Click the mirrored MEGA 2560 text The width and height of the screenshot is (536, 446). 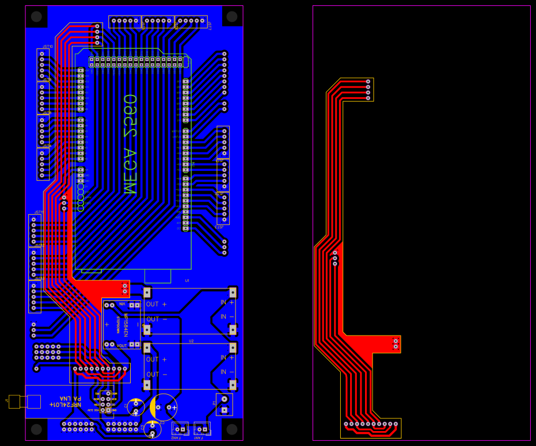pyautogui.click(x=130, y=144)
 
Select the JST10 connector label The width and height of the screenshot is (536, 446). pyautogui.click(x=48, y=47)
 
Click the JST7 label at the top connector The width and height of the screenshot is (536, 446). pyautogui.click(x=210, y=26)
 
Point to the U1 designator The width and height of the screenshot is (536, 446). pyautogui.click(x=187, y=281)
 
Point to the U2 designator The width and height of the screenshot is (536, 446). pyautogui.click(x=191, y=341)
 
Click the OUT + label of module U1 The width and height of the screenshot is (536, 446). pyautogui.click(x=156, y=304)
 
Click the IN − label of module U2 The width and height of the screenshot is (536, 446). pyautogui.click(x=227, y=372)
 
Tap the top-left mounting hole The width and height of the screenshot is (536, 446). pyautogui.click(x=36, y=17)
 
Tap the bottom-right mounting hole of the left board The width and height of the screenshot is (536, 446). pyautogui.click(x=232, y=429)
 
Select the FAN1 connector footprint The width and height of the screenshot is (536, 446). pyautogui.click(x=202, y=428)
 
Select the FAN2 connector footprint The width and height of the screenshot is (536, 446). pyautogui.click(x=180, y=428)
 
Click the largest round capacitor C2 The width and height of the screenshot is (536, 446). pyautogui.click(x=164, y=407)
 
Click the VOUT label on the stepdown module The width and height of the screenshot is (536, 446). pyautogui.click(x=121, y=345)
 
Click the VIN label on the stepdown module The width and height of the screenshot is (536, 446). pyautogui.click(x=122, y=304)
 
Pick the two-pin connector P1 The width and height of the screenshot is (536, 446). pyautogui.click(x=224, y=404)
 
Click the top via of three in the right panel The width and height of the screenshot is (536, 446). pyautogui.click(x=335, y=253)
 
